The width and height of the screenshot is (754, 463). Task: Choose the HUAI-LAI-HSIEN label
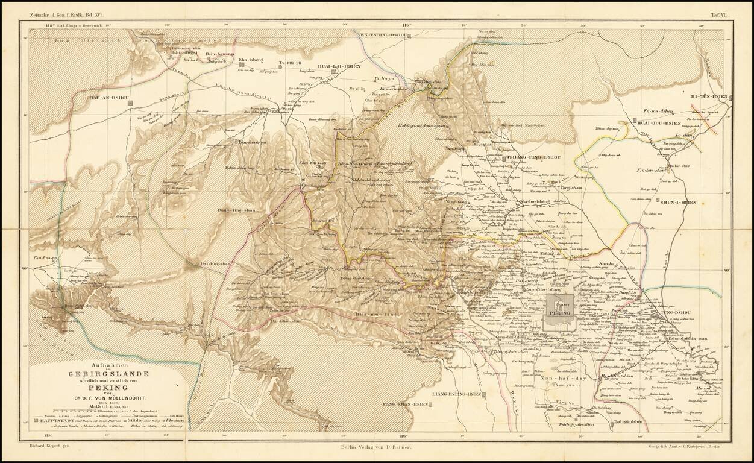tap(335, 67)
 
